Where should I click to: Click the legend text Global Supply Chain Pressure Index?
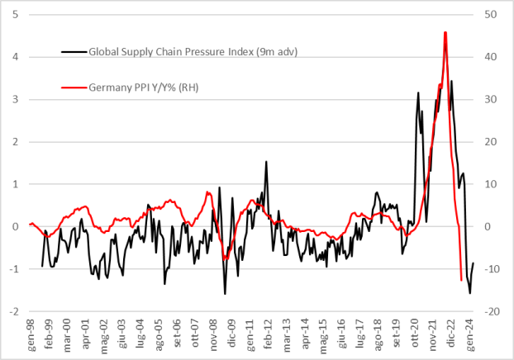point(193,51)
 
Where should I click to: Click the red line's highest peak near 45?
point(445,32)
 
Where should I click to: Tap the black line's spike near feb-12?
point(266,162)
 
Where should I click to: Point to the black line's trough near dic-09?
point(225,293)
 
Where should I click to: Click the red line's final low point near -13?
point(461,281)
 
